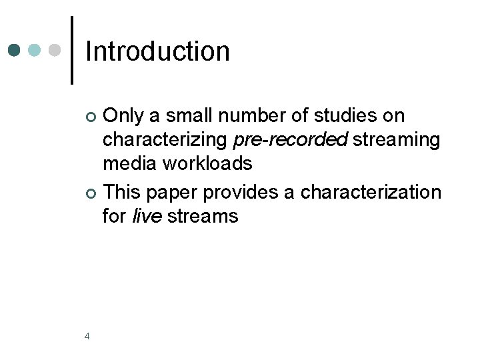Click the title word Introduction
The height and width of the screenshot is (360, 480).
157,51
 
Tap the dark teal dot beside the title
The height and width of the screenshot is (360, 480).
15,50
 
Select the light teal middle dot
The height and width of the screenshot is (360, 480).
35,50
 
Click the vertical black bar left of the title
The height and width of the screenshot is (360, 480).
72,50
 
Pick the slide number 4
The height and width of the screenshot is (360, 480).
87,337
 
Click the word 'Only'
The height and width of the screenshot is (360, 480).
124,116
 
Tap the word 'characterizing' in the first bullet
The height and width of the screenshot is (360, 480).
165,140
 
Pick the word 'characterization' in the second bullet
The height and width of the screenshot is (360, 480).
371,193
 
